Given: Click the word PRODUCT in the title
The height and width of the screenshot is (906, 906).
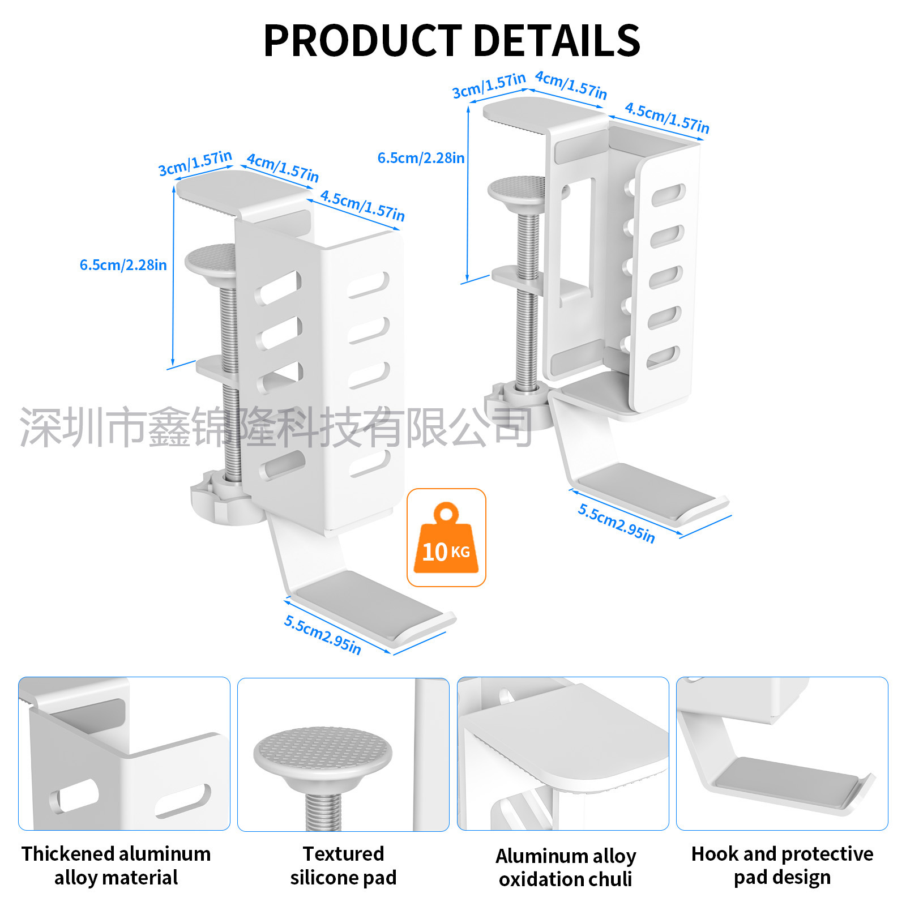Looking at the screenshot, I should pyautogui.click(x=362, y=41).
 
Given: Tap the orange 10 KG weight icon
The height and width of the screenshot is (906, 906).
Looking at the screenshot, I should pyautogui.click(x=446, y=538).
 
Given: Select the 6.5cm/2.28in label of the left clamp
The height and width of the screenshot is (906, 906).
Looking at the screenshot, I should pyautogui.click(x=123, y=265).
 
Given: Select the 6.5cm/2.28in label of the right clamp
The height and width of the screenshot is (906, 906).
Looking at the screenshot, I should pyautogui.click(x=421, y=158).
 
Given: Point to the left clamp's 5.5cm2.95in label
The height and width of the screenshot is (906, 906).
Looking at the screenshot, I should pyautogui.click(x=322, y=635).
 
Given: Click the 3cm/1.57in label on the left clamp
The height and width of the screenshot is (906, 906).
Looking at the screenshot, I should pyautogui.click(x=195, y=163).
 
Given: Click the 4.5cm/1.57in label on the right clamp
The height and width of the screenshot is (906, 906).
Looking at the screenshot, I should pyautogui.click(x=666, y=118).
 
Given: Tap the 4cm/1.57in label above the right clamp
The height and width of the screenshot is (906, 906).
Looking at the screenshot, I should pyautogui.click(x=571, y=85).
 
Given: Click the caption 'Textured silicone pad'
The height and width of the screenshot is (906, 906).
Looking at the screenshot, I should pyautogui.click(x=343, y=865).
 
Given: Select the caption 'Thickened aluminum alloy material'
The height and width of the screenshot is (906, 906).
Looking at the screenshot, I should pyautogui.click(x=116, y=865).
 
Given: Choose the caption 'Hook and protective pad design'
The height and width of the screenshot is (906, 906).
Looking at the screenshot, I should pyautogui.click(x=782, y=865).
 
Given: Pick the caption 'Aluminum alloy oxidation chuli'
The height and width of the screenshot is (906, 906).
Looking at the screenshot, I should pyautogui.click(x=566, y=867).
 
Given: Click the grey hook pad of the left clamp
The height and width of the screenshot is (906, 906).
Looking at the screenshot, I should pyautogui.click(x=368, y=600).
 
